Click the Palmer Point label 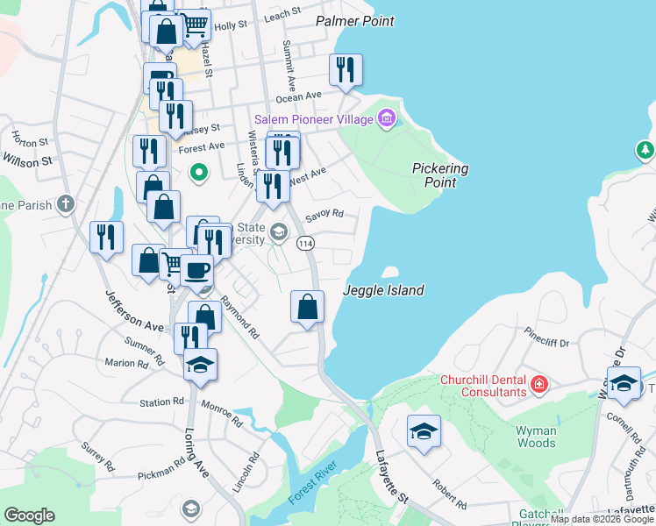coord(354,21)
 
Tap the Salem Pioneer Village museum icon coord(387,118)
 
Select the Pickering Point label coord(440,175)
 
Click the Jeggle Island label coord(383,290)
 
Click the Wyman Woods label coord(536,437)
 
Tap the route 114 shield coord(305,243)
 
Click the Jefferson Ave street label coord(135,310)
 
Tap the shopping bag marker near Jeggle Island coord(307,307)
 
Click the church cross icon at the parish coord(65,204)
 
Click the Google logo coord(30,515)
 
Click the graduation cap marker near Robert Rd coord(424,431)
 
